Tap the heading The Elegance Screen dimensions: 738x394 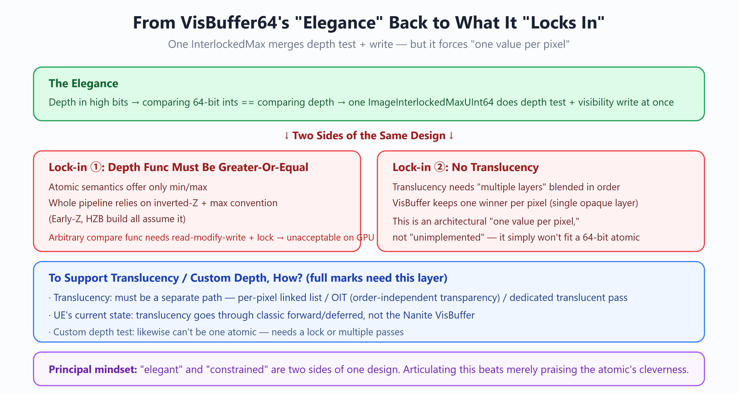click(x=83, y=83)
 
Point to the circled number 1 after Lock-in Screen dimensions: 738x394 click(x=96, y=167)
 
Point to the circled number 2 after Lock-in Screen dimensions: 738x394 click(x=439, y=167)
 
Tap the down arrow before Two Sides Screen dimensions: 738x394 click(x=286, y=135)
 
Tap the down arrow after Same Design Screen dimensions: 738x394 click(x=451, y=135)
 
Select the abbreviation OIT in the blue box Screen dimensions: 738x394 click(x=339, y=298)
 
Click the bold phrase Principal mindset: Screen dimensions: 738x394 click(x=93, y=369)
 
